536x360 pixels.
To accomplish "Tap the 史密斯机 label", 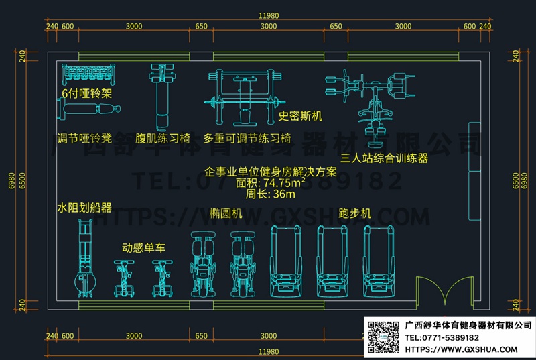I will coord(301,116).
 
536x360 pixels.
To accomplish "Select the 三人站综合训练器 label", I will coord(384,159).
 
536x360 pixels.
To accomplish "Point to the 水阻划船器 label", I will coord(84,208).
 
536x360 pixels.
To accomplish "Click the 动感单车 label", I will coord(143,247).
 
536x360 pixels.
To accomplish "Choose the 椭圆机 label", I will coord(224,213).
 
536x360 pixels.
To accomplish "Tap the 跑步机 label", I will coord(355,213).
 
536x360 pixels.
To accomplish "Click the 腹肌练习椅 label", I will coord(163,138).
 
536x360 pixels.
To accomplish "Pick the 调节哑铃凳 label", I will coord(84,138).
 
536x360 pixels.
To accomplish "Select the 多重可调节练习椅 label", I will coord(248,138).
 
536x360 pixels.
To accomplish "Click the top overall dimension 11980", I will coord(268,16).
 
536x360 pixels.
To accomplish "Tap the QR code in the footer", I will coord(382,337).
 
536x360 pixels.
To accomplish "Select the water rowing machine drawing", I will coord(84,259).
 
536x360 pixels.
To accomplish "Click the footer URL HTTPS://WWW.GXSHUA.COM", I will coord(462,349).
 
